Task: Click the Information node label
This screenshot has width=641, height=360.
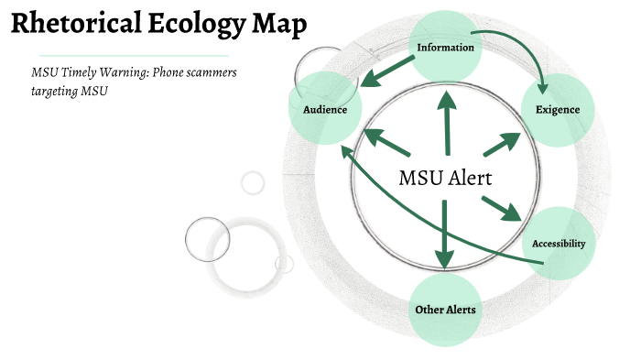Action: click(445, 47)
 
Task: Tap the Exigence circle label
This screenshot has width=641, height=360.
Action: click(558, 110)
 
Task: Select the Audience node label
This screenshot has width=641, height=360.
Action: click(324, 110)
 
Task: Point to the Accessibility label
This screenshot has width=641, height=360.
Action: click(559, 245)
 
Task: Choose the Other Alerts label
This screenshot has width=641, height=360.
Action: click(445, 310)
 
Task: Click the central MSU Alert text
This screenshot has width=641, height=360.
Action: click(446, 178)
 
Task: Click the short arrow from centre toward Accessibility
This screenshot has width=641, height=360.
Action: click(500, 208)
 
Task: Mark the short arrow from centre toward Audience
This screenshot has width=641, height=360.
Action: click(386, 142)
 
